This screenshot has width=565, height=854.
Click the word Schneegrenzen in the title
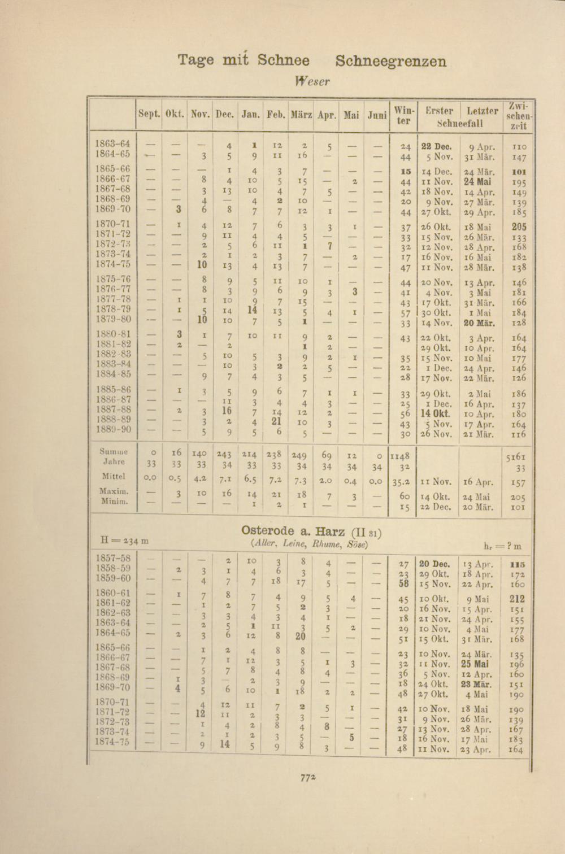click(x=390, y=61)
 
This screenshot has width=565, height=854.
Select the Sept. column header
click(x=149, y=115)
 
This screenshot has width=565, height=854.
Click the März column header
click(x=301, y=115)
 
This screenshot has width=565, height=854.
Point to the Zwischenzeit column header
click(x=518, y=116)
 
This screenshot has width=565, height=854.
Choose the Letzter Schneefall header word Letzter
click(x=483, y=111)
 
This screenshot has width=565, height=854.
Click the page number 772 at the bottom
click(x=308, y=777)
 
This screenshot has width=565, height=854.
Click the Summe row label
click(x=114, y=452)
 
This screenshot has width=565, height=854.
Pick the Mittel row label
click(x=114, y=476)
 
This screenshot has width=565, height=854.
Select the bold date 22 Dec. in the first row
click(x=434, y=146)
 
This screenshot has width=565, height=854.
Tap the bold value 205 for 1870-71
click(x=519, y=226)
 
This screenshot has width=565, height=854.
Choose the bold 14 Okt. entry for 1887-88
click(x=434, y=413)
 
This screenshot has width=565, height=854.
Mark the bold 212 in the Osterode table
click(x=516, y=599)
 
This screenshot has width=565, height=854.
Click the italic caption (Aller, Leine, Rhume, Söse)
click(x=309, y=544)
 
